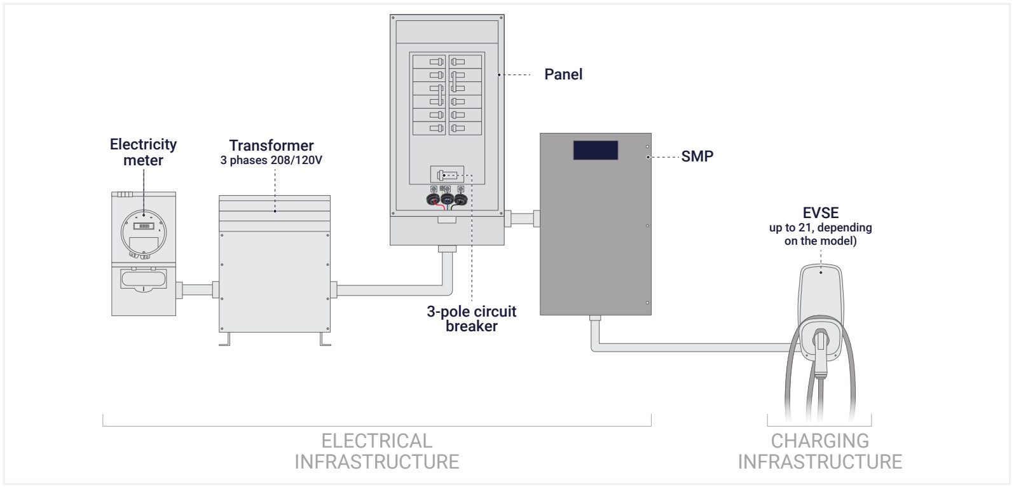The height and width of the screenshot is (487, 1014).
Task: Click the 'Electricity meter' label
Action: click(143, 153)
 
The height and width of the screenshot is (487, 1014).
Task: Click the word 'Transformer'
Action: click(271, 146)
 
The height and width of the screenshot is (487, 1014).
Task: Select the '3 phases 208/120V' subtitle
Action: click(271, 160)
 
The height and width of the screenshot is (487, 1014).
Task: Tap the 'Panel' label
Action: click(563, 74)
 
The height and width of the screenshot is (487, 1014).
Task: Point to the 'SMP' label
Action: click(697, 156)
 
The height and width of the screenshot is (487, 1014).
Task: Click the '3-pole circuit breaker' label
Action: click(472, 319)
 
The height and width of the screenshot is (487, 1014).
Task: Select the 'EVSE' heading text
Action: click(821, 213)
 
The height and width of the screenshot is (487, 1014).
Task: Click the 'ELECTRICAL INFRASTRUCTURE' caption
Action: click(377, 451)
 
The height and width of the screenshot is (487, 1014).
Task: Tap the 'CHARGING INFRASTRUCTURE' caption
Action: click(819, 451)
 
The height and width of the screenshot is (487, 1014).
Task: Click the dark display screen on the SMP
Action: click(595, 150)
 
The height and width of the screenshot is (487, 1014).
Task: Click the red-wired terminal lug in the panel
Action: click(434, 199)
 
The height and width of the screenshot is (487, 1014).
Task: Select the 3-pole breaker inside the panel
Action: click(447, 174)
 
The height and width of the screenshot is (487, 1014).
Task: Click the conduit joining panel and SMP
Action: click(522, 219)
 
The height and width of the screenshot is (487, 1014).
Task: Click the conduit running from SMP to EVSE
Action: click(693, 347)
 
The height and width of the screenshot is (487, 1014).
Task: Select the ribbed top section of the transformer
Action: click(275, 209)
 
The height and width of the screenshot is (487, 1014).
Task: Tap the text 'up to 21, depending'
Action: click(820, 228)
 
